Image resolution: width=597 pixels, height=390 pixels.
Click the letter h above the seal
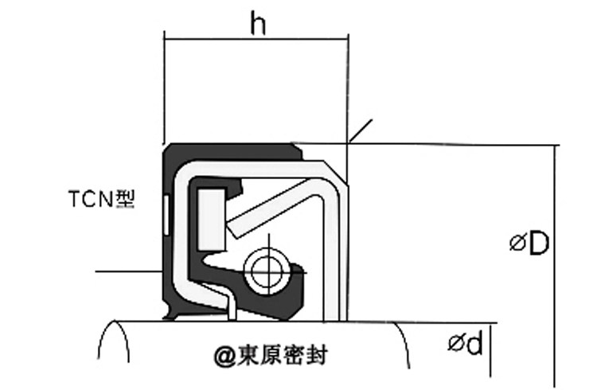tap(257, 25)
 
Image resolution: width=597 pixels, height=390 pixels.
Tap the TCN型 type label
tap(100, 197)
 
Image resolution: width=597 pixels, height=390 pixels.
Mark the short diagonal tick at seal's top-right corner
tap(360, 131)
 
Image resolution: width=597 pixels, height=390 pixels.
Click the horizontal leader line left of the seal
tap(127, 271)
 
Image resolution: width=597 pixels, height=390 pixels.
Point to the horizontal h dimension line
tap(255, 37)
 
